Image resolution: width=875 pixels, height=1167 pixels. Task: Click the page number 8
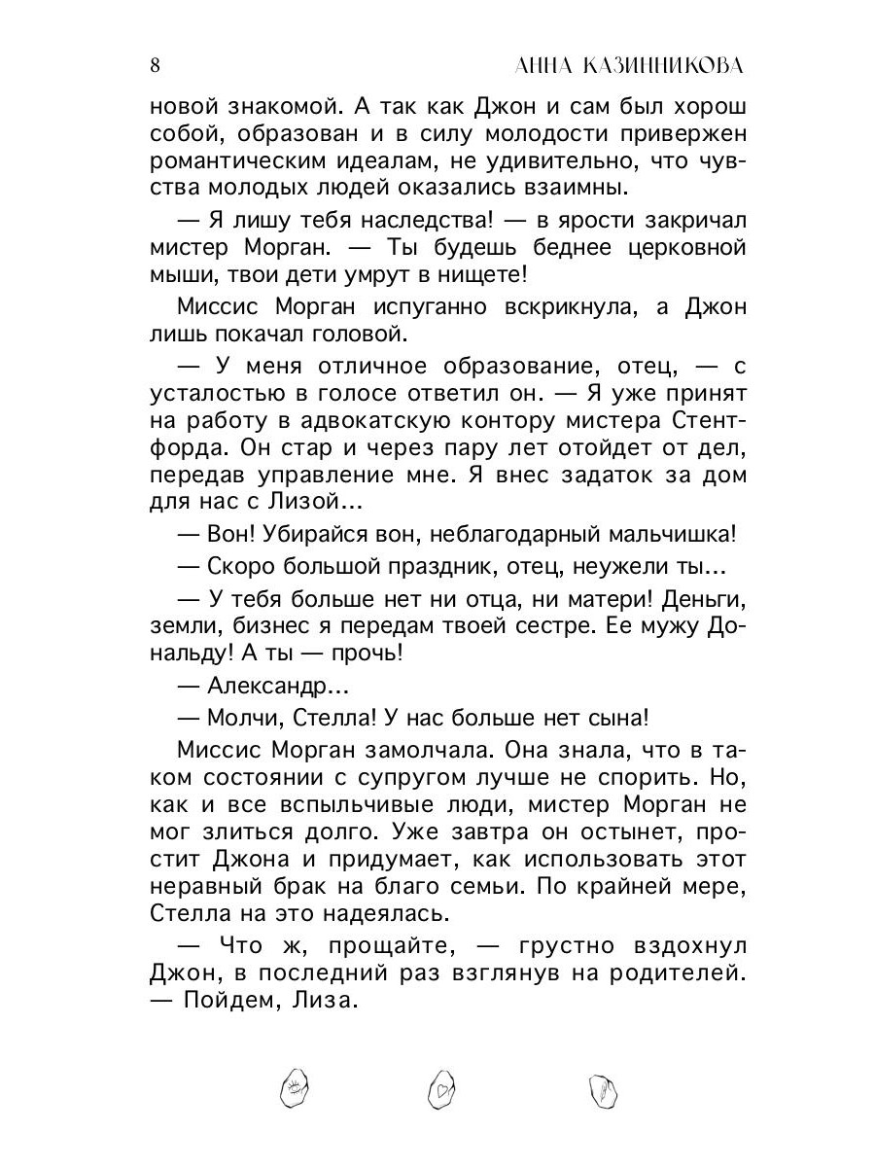click(156, 65)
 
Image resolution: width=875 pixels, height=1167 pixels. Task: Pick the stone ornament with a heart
click(443, 1091)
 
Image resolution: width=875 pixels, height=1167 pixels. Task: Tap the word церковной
click(685, 248)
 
